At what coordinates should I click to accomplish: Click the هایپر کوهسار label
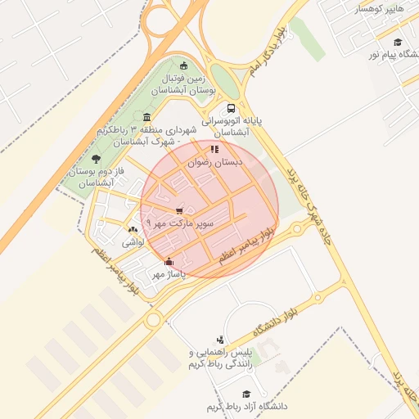click(x=379, y=9)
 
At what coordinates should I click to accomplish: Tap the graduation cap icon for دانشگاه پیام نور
click(x=398, y=42)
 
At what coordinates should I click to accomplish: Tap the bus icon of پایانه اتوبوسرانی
click(x=232, y=107)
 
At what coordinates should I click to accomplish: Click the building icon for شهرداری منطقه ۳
click(x=146, y=116)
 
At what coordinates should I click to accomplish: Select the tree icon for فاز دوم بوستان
click(x=97, y=159)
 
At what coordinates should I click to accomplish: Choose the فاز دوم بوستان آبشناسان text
click(x=88, y=178)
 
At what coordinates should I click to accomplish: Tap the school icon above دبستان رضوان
click(x=214, y=150)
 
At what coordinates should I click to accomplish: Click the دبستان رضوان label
click(x=217, y=163)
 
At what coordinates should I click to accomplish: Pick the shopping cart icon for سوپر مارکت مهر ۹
click(x=178, y=210)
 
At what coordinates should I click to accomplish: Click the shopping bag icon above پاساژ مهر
click(x=169, y=262)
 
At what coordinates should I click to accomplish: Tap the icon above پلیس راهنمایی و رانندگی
click(x=219, y=340)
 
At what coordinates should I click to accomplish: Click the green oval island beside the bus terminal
click(x=227, y=82)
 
